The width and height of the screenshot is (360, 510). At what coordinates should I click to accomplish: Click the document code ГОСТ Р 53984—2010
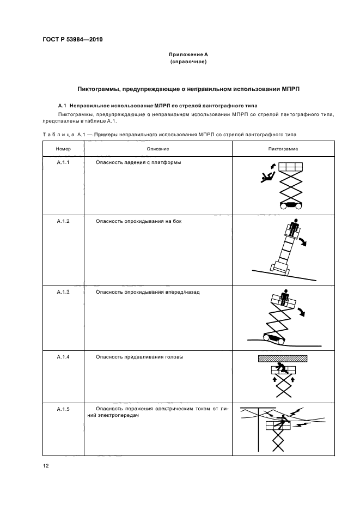(72, 40)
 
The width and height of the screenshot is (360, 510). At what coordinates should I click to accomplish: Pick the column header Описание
(157, 149)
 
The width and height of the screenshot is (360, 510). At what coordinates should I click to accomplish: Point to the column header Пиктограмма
(283, 149)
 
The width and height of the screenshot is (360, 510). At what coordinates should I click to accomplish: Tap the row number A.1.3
(64, 292)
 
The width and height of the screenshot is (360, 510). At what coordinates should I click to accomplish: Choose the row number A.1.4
(64, 357)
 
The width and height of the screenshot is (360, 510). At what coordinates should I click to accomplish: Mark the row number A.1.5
(64, 409)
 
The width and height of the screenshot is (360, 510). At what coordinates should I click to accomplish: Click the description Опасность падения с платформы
(138, 163)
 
